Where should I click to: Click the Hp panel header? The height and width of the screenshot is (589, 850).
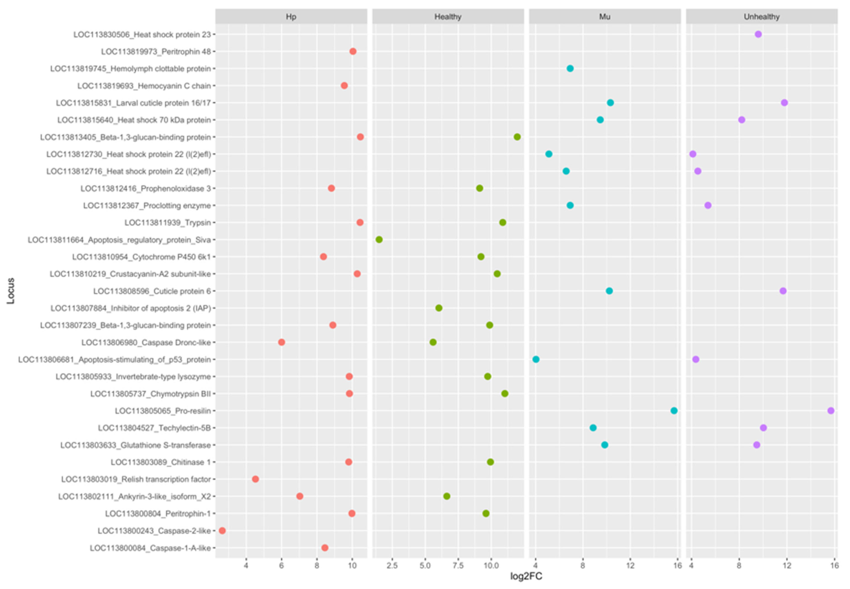click(291, 17)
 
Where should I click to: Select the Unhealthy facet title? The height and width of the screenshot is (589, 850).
click(761, 17)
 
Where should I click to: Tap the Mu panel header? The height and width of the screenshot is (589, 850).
click(605, 17)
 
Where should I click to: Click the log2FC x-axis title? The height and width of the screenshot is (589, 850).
click(526, 576)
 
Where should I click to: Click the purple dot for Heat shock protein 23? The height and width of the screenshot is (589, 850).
click(758, 34)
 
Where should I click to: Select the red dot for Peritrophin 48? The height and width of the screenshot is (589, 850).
click(353, 51)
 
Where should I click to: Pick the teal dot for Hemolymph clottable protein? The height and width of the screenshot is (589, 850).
click(570, 68)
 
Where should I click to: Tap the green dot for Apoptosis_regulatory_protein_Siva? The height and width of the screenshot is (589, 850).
click(379, 239)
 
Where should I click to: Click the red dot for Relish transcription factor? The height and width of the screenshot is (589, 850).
click(255, 479)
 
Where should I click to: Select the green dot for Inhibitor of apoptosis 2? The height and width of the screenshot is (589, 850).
click(439, 308)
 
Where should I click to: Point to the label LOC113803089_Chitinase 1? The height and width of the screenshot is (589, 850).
click(161, 462)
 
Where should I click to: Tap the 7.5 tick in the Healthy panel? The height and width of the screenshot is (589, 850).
click(458, 566)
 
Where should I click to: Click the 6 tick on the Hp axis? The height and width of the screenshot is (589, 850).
click(282, 566)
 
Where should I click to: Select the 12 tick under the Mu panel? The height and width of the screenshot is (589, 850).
click(630, 566)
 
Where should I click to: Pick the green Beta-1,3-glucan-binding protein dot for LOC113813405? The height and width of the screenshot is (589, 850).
click(517, 137)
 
